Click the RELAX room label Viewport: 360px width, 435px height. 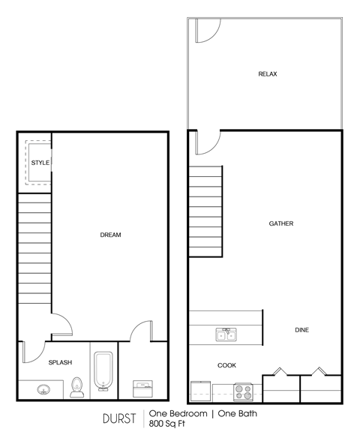268,74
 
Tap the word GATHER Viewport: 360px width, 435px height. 281,223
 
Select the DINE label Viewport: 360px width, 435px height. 301,330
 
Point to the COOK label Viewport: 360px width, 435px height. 226,365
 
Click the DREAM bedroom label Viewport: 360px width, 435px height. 110,235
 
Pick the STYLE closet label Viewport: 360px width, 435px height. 40,163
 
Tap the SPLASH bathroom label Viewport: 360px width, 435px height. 60,362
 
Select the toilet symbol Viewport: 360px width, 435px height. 76,387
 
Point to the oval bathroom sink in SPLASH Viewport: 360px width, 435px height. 43,389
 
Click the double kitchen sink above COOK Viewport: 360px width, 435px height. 225,334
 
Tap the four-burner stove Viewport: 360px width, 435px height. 243,391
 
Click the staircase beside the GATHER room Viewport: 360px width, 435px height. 205,211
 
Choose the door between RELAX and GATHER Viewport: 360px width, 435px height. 206,142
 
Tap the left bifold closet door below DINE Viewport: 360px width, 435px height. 280,372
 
